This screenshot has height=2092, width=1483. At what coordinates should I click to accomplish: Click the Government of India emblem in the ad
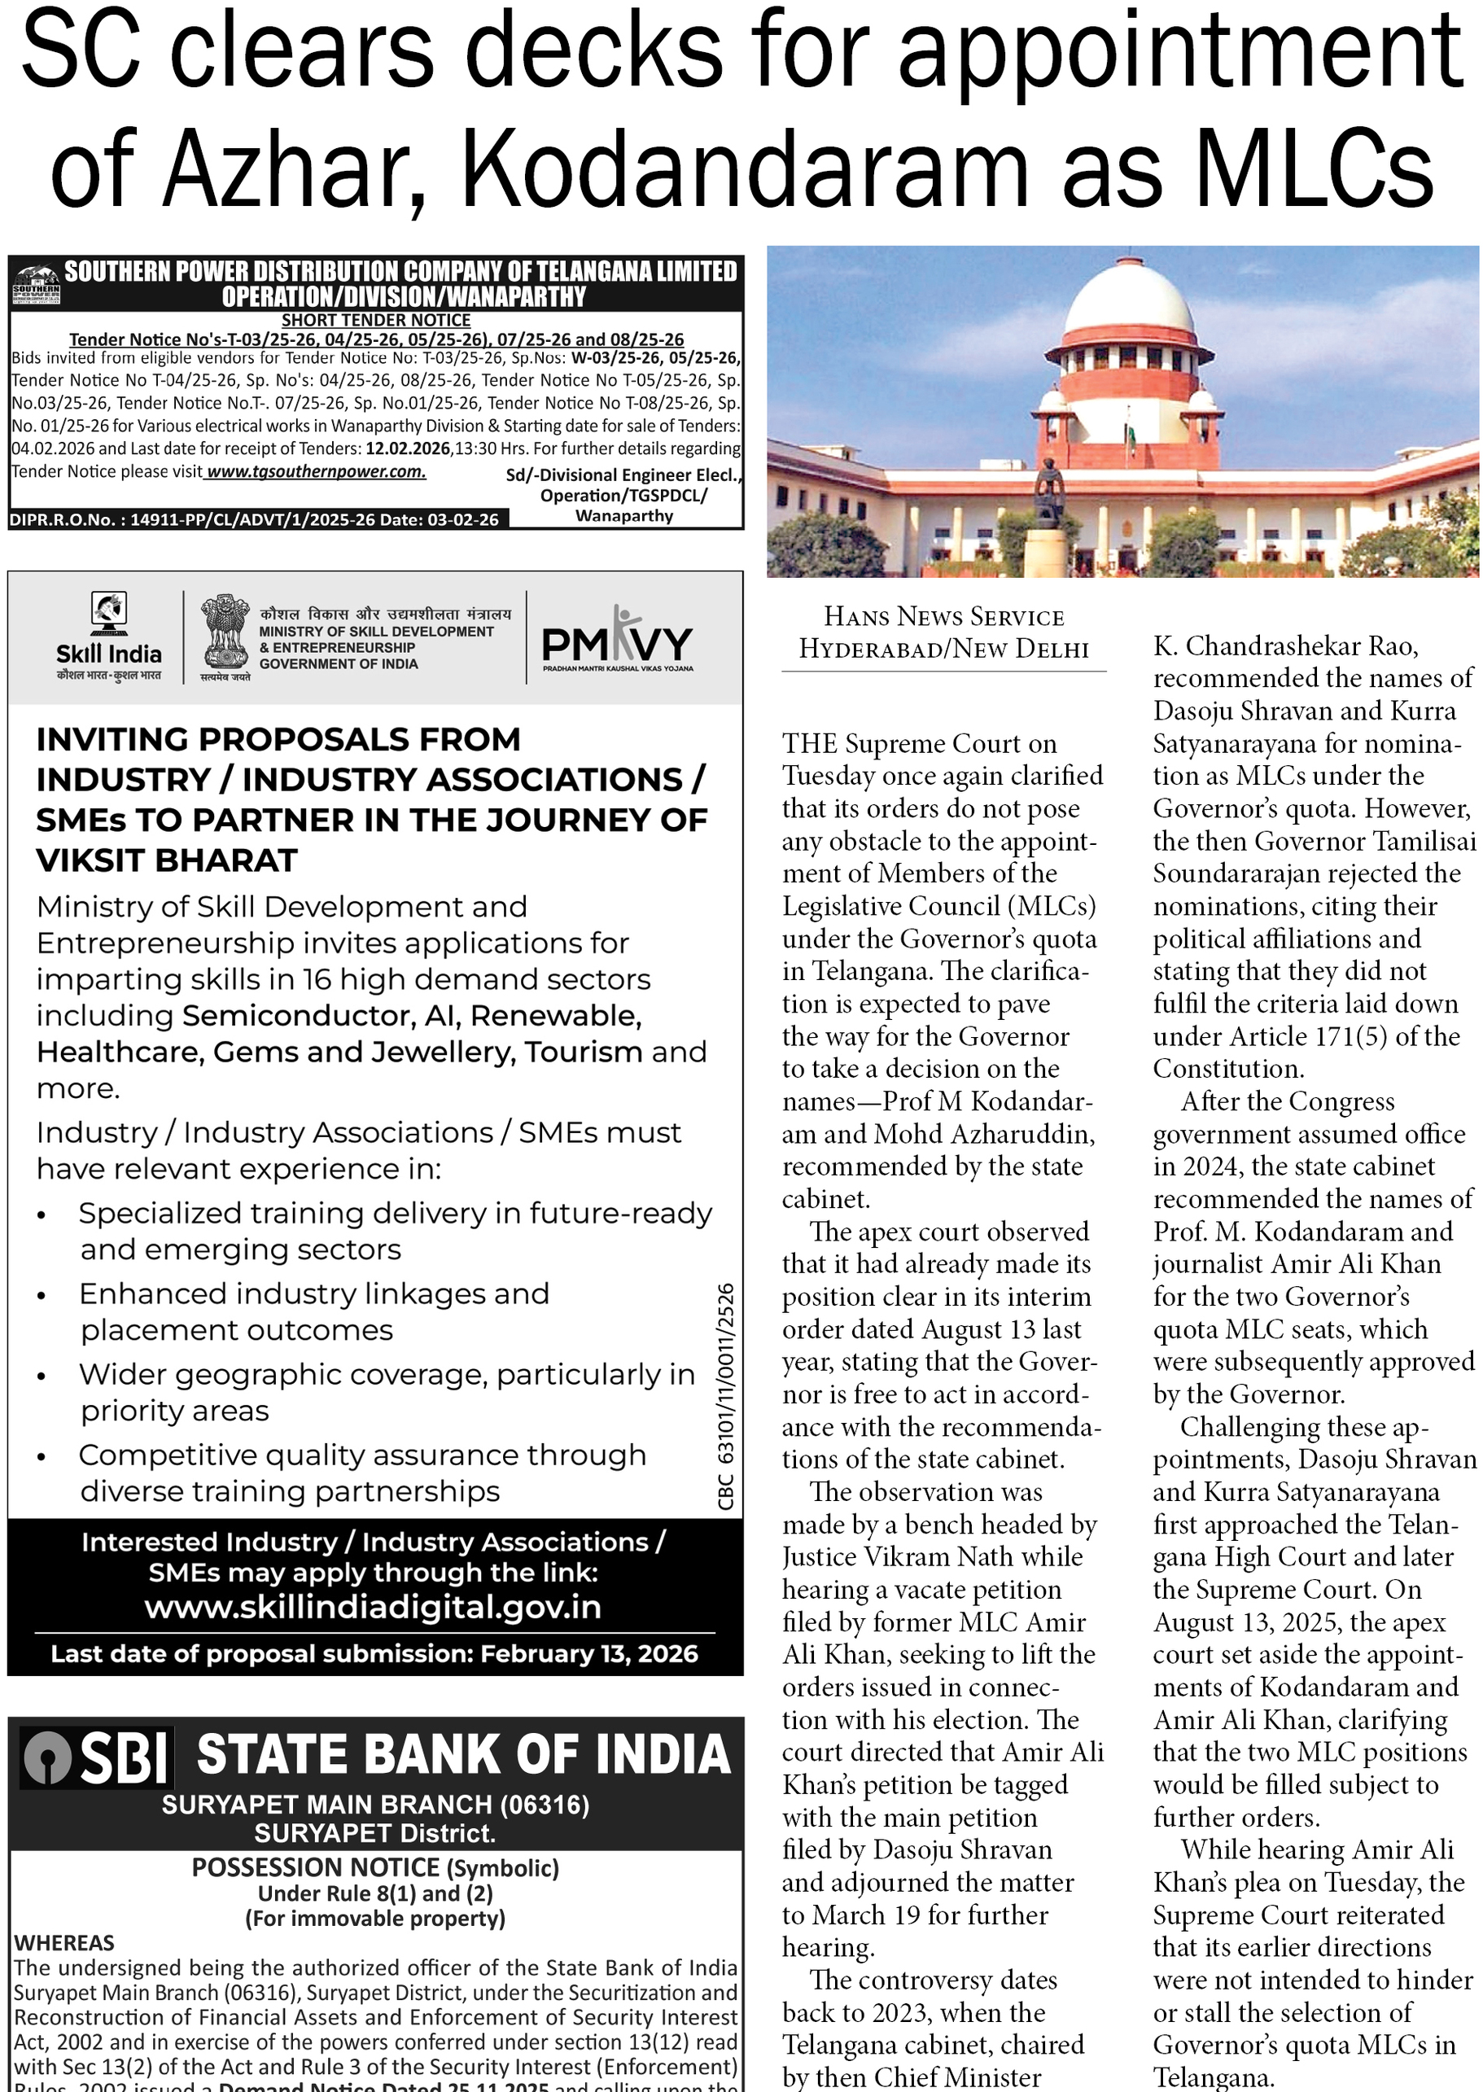(225, 636)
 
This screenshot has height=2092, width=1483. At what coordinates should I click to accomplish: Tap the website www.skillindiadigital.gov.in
(374, 1606)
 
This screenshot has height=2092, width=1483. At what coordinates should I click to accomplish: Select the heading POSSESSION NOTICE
(316, 1867)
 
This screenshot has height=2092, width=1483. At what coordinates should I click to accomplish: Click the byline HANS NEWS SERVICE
(943, 616)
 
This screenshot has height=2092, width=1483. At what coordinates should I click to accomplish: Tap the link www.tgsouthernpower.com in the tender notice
(316, 472)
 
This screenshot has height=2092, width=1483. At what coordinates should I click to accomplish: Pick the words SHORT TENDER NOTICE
(375, 321)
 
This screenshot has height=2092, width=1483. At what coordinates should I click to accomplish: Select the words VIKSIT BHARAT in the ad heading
(167, 860)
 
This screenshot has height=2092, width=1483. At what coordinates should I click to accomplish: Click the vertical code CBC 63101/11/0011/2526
(726, 1398)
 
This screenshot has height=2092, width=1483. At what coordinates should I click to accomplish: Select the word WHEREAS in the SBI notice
(64, 1942)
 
